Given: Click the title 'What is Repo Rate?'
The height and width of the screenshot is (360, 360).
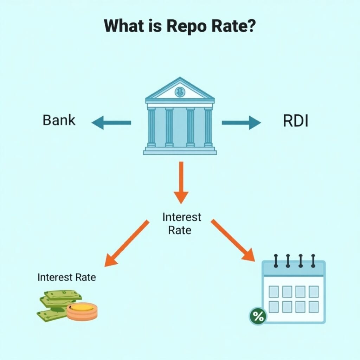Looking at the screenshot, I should pyautogui.click(x=180, y=26).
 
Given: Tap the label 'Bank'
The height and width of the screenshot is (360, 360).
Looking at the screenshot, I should pyautogui.click(x=59, y=120).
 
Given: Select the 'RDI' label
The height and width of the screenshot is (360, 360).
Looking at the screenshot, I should pyautogui.click(x=295, y=121).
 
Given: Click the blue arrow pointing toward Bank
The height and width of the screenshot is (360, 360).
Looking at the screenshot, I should pyautogui.click(x=111, y=123).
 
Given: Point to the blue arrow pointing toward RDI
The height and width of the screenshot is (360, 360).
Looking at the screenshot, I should pyautogui.click(x=242, y=123).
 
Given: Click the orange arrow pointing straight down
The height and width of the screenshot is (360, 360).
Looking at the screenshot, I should pyautogui.click(x=181, y=182).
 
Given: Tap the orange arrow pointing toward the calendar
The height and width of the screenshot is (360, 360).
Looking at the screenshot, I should pyautogui.click(x=233, y=240).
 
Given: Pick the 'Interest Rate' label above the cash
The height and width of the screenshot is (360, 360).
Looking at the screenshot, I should pyautogui.click(x=66, y=277).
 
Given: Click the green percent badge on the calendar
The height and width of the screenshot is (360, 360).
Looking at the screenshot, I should pyautogui.click(x=258, y=316).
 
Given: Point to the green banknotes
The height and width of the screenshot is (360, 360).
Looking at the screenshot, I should pyautogui.click(x=56, y=303).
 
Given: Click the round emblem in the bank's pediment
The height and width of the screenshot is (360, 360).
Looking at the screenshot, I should pyautogui.click(x=180, y=92).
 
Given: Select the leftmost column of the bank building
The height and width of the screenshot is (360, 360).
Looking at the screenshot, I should pyautogui.click(x=152, y=127).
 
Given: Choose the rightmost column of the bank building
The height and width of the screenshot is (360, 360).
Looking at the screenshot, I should pyautogui.click(x=208, y=127).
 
